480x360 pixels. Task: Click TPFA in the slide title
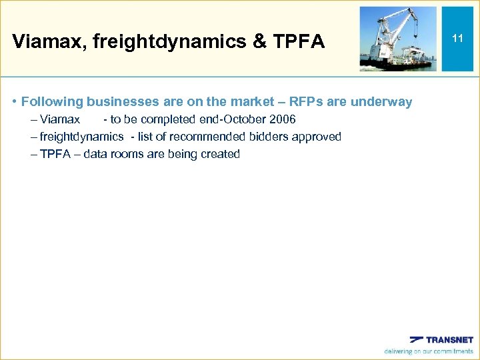click(x=298, y=43)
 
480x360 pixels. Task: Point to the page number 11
click(x=457, y=39)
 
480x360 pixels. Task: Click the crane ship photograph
click(x=398, y=39)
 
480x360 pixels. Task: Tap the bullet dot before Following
click(x=14, y=102)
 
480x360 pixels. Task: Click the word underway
click(x=383, y=102)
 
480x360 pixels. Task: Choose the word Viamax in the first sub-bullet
click(x=60, y=119)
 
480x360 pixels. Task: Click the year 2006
click(x=282, y=119)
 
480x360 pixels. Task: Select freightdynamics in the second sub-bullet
click(x=81, y=137)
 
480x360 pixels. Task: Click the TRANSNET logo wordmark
click(x=449, y=340)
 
